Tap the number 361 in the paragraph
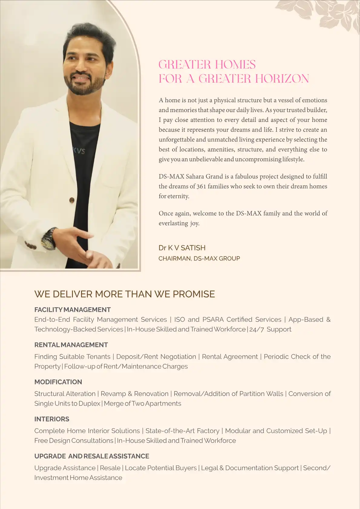pos(201,186)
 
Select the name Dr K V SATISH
pos(182,248)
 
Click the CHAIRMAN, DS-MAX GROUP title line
pos(199,259)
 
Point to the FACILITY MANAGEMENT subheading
pos(72,310)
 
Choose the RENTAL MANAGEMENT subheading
pos(71,345)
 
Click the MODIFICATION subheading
pos(58,382)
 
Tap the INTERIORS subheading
pos(52,419)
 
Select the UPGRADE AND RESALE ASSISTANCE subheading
pos(92,456)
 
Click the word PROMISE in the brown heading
pos(194,294)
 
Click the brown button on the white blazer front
pos(72,200)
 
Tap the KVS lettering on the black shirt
pos(79,150)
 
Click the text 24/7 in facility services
pos(257,329)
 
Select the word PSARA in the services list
pos(213,320)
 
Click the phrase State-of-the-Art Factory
pos(182,431)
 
